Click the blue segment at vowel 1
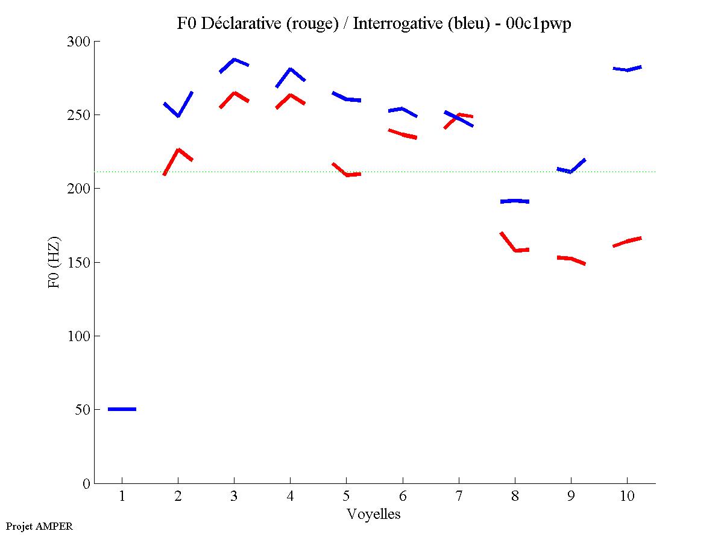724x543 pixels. [122, 409]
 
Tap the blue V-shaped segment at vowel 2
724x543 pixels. [178, 115]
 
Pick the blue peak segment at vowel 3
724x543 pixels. [234, 60]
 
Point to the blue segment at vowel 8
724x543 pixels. [515, 201]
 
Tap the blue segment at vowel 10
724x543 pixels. [627, 69]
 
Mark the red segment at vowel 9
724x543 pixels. [571, 259]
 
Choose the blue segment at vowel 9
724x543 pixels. [571, 171]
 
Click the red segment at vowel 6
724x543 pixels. [403, 134]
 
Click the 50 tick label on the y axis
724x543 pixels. [83, 410]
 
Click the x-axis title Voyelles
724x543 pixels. [374, 514]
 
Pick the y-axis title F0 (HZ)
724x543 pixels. [54, 262]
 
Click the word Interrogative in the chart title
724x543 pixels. [389, 24]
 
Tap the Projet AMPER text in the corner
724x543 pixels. [39, 526]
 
